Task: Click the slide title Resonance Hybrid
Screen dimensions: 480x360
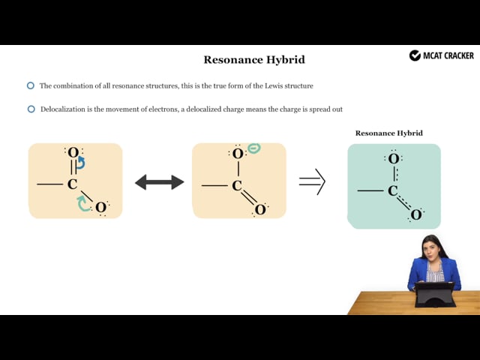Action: click(x=254, y=59)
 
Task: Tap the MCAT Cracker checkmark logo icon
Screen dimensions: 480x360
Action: click(x=415, y=55)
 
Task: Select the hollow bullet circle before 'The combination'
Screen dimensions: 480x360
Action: click(x=31, y=85)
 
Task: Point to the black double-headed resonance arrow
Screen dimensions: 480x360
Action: click(x=160, y=182)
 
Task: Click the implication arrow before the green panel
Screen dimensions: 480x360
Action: click(x=312, y=181)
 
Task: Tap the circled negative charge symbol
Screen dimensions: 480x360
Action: click(x=254, y=148)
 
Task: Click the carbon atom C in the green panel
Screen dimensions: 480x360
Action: click(x=393, y=190)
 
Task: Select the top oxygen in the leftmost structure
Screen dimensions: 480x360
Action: click(x=73, y=152)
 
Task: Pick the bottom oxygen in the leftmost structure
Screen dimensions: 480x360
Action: click(x=100, y=208)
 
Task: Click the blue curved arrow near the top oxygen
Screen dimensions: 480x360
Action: click(x=80, y=163)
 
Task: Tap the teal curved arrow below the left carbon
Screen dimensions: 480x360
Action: click(x=82, y=203)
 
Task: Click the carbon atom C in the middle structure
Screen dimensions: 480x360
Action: click(x=237, y=185)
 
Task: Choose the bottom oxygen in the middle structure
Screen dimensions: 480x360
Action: click(x=260, y=210)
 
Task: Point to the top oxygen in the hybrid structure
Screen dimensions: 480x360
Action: click(x=394, y=159)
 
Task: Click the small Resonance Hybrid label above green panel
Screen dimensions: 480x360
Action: click(x=388, y=133)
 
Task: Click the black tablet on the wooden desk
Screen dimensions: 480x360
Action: click(x=435, y=294)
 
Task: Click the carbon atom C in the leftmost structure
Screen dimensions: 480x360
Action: click(x=72, y=184)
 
